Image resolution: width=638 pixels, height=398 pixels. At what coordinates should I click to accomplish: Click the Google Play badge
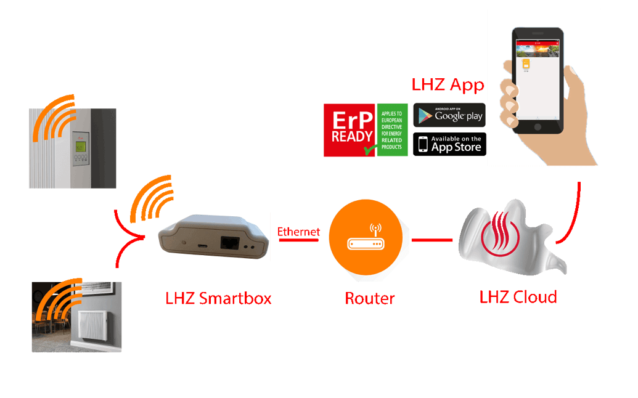coord(449,115)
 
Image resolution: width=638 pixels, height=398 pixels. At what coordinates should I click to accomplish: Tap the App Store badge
coord(449,144)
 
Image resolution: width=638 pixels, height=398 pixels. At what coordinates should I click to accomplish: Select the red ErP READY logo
coord(348,129)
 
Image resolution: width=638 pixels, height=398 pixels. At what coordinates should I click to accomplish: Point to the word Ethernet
coord(299,232)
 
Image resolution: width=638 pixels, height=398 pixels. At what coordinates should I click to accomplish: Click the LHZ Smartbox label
coord(218,299)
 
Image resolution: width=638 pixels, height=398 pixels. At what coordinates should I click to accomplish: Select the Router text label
coord(369,299)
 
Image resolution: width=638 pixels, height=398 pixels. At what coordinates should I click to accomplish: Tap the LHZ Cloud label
coord(518,297)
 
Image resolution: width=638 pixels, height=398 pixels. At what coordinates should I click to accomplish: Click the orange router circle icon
coord(366,237)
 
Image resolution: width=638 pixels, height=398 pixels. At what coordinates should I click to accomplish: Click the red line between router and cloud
coord(431,240)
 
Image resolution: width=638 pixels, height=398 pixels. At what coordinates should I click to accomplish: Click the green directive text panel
coord(393,129)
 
